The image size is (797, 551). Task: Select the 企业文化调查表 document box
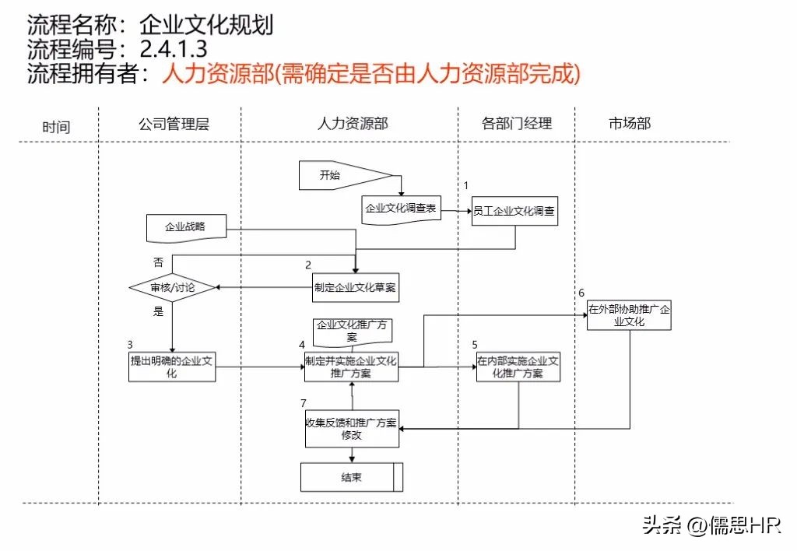click(402, 209)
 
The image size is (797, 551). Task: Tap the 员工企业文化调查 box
click(514, 211)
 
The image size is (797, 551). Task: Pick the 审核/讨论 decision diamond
click(172, 288)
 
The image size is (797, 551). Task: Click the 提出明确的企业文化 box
click(172, 367)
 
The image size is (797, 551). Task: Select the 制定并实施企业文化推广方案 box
click(351, 367)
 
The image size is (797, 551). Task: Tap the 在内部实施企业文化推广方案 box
click(518, 367)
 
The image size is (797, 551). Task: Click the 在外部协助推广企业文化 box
click(629, 314)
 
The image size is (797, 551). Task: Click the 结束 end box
click(352, 477)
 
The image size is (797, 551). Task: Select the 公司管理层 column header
click(174, 124)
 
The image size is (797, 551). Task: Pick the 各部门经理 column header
click(516, 123)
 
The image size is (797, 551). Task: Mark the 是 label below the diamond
click(159, 311)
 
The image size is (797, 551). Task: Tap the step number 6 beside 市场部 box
click(581, 293)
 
